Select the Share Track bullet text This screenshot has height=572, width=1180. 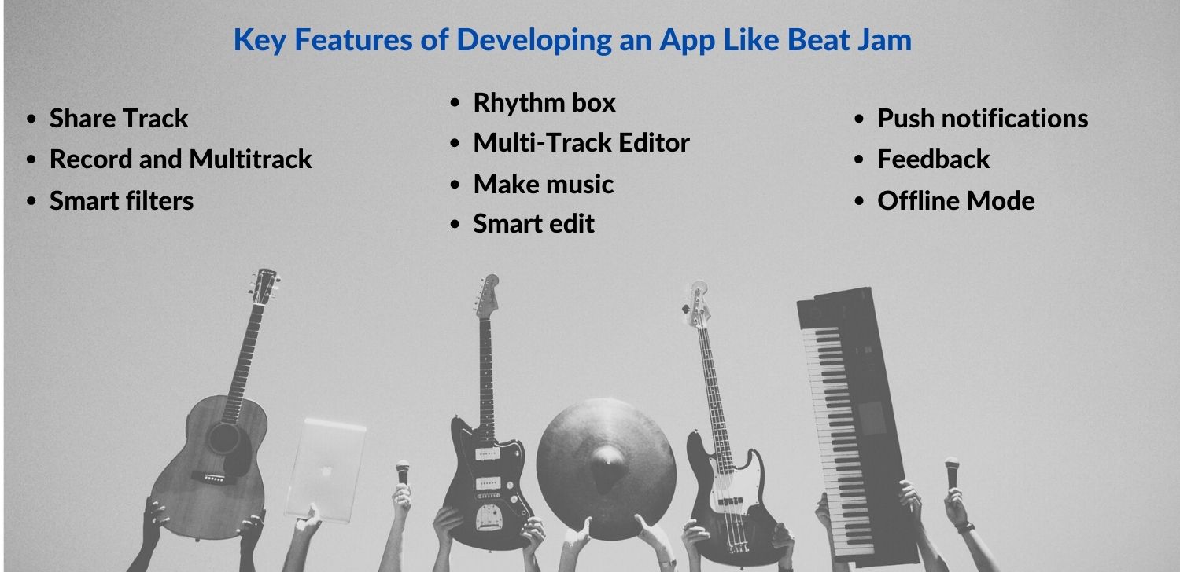[x=119, y=118]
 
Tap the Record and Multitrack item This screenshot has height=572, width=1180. [x=181, y=159]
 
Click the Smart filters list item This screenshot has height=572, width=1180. [x=122, y=200]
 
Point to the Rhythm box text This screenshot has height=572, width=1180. [x=544, y=103]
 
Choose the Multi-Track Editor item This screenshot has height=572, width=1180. [x=581, y=142]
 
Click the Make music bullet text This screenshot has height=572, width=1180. [x=543, y=184]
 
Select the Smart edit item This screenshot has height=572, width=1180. [x=533, y=223]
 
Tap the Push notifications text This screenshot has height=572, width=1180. [x=983, y=119]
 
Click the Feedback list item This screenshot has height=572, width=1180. [x=934, y=159]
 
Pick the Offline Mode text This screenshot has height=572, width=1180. [x=956, y=200]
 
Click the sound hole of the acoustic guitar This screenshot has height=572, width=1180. [x=224, y=438]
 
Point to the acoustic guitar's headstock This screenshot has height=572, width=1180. [x=264, y=286]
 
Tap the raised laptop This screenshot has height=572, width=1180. [x=326, y=470]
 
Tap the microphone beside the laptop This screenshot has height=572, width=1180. [x=403, y=472]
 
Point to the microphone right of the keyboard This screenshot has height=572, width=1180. [x=951, y=472]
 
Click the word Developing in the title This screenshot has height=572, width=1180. [x=533, y=41]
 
